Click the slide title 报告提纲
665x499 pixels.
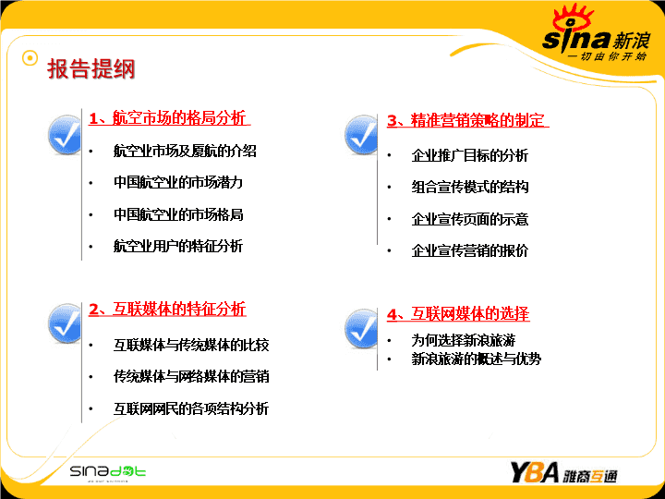coord(91,68)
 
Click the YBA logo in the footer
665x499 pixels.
coord(563,472)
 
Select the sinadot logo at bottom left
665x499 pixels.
coord(108,472)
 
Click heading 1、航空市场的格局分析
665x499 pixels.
coord(167,118)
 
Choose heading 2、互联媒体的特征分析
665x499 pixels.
coord(167,309)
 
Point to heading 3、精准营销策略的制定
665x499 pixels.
coord(466,120)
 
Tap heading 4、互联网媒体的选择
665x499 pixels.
coord(458,314)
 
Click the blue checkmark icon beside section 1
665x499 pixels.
coord(65,135)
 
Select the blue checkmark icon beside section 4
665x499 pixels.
coord(361,328)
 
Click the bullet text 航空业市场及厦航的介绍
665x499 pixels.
coord(185,151)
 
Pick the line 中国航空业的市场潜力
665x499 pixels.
coord(178,182)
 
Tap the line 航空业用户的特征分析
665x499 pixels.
coord(178,246)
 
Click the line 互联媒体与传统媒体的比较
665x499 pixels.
coord(191,345)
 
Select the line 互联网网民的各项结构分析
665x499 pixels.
coord(191,408)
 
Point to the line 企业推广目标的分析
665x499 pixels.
coord(470,155)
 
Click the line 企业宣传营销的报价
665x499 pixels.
coord(470,250)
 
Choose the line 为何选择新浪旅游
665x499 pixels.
coord(464,340)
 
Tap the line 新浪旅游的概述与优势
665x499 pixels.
coord(477,359)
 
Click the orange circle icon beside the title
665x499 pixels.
coord(30,58)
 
